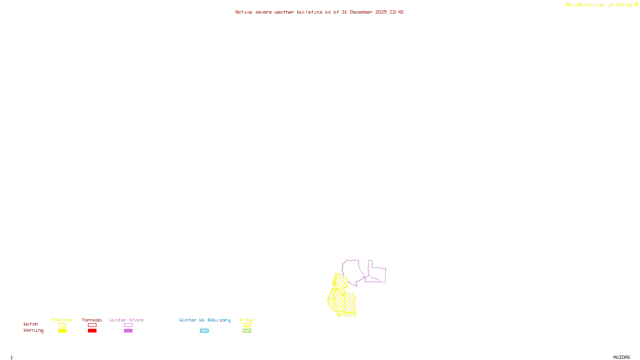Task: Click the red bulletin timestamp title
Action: [x=319, y=12]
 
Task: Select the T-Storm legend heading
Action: [x=62, y=320]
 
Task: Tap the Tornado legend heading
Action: [x=92, y=320]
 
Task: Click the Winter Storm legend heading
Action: [x=126, y=320]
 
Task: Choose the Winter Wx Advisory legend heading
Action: [x=205, y=320]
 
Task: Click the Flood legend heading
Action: [x=247, y=320]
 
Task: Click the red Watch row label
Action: [x=31, y=324]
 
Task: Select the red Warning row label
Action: [x=33, y=330]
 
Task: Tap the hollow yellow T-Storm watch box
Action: [x=62, y=325]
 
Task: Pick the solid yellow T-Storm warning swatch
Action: [x=62, y=331]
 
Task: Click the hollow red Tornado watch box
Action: [x=92, y=325]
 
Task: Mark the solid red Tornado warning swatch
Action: [x=92, y=331]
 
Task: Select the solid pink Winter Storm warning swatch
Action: [x=128, y=331]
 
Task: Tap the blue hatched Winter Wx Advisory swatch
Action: [x=204, y=331]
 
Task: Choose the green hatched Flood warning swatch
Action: [x=247, y=331]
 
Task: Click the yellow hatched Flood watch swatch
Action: [x=247, y=325]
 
